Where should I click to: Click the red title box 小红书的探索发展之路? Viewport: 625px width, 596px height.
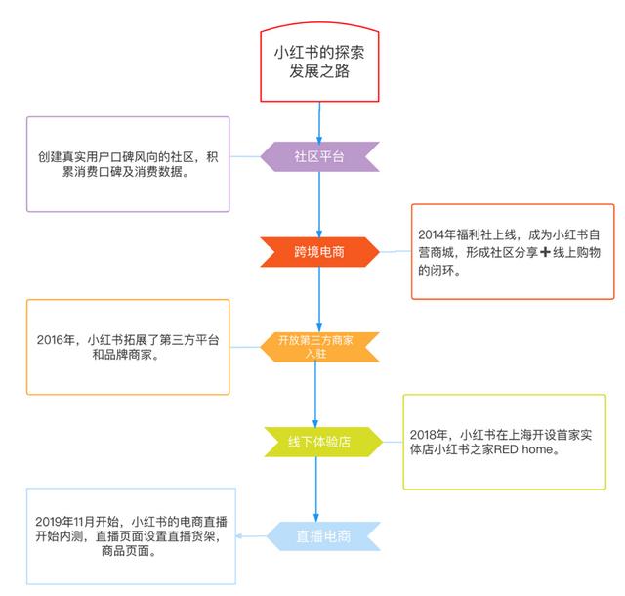click(x=319, y=61)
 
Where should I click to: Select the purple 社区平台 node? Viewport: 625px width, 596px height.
click(x=319, y=156)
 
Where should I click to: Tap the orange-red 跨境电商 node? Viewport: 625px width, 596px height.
click(x=318, y=251)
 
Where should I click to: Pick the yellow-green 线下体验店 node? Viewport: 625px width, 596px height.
click(x=315, y=441)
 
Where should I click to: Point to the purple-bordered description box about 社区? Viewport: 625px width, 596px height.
click(x=127, y=163)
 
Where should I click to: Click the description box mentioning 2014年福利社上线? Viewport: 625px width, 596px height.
click(x=512, y=251)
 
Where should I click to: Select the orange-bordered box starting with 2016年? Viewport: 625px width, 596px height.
click(x=128, y=347)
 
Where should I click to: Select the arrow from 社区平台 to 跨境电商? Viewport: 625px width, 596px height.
click(x=319, y=204)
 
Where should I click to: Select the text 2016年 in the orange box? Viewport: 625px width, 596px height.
click(x=56, y=339)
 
